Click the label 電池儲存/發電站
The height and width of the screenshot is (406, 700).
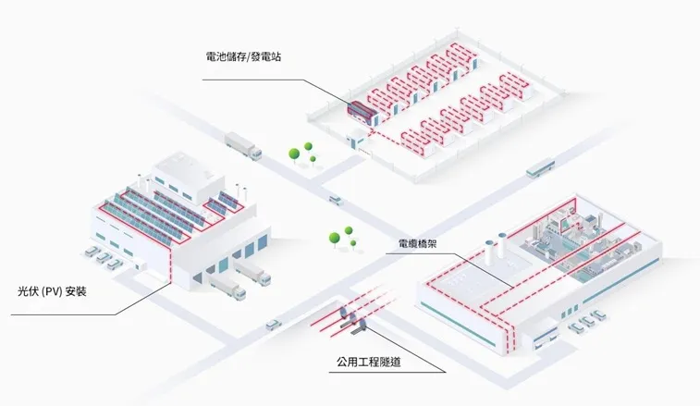pyautogui.click(x=244, y=56)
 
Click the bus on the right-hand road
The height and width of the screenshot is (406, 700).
pyautogui.click(x=539, y=169)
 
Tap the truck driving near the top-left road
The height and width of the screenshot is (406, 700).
pyautogui.click(x=243, y=143)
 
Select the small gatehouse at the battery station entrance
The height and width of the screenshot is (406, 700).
pyautogui.click(x=355, y=140)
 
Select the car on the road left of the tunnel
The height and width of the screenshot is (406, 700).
pyautogui.click(x=274, y=324)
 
